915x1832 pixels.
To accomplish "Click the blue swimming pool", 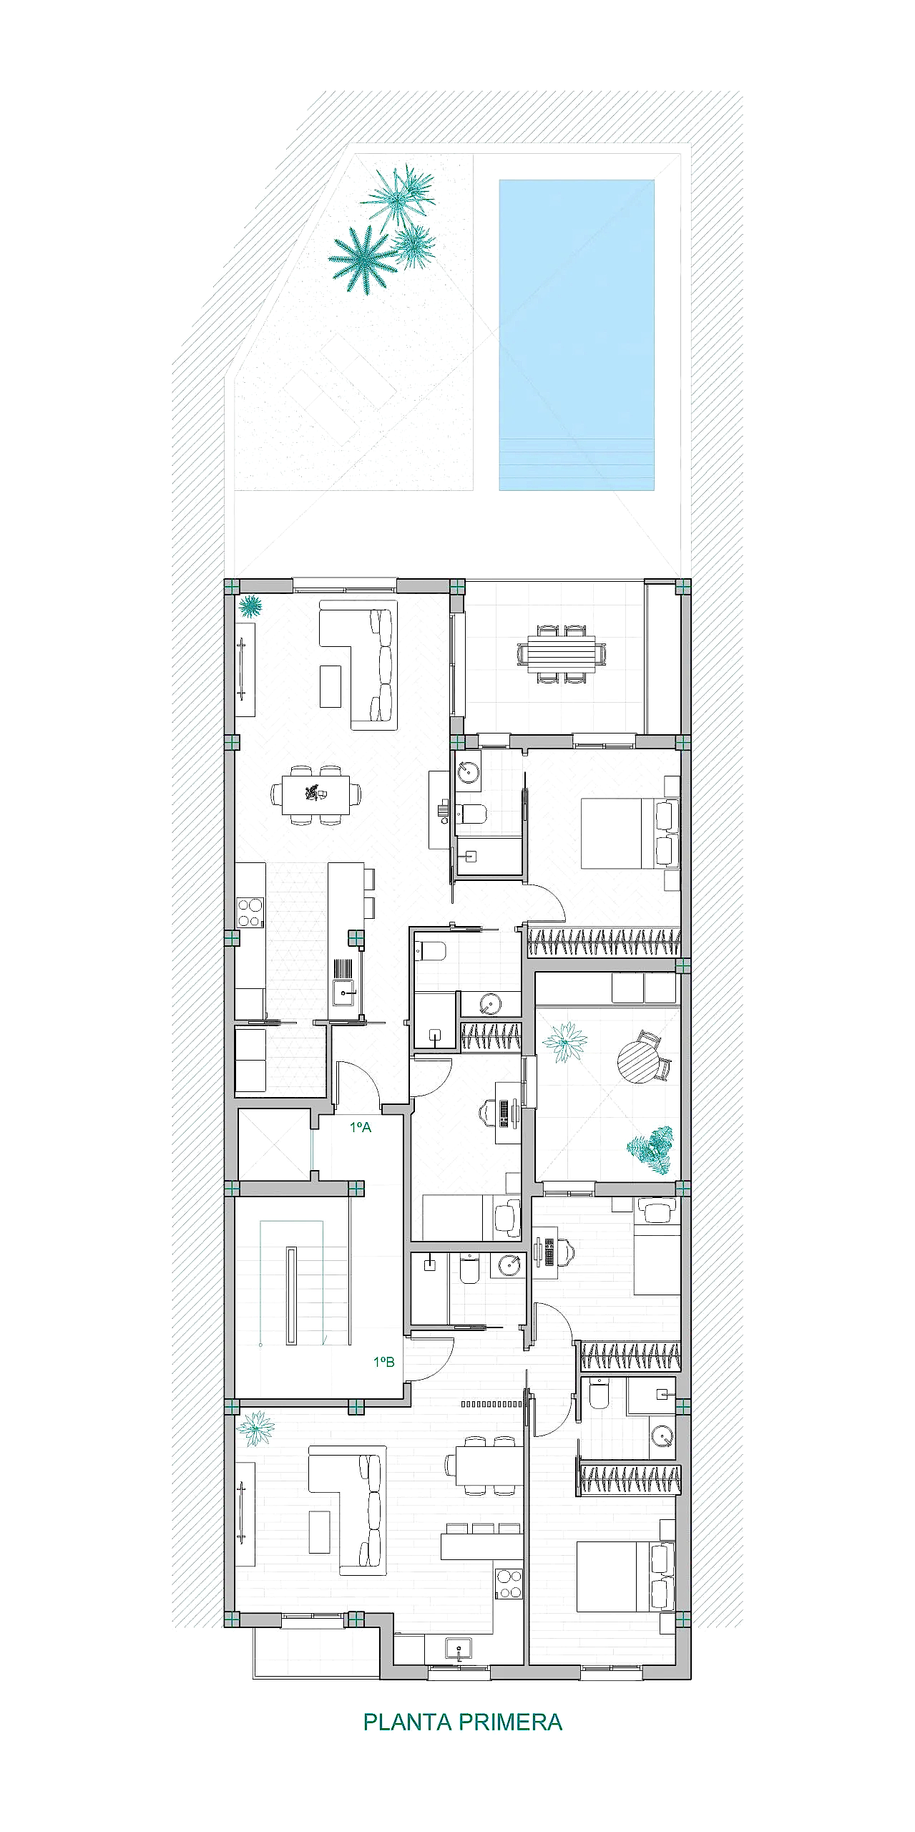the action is (577, 335).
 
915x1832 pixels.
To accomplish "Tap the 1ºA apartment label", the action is (361, 1127).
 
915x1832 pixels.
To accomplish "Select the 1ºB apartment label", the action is (384, 1362).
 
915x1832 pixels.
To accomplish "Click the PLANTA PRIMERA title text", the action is (463, 1722).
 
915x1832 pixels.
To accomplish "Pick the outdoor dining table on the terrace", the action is (562, 655).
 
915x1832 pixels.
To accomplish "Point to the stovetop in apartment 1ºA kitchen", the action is (250, 912).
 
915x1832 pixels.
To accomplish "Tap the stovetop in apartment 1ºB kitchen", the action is (509, 1583).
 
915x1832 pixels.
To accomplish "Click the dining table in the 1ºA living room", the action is (315, 794).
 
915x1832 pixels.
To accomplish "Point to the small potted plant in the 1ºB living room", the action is (255, 1428).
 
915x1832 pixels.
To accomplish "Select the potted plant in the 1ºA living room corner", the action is (250, 607).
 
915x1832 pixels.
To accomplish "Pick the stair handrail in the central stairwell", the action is (291, 1296).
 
